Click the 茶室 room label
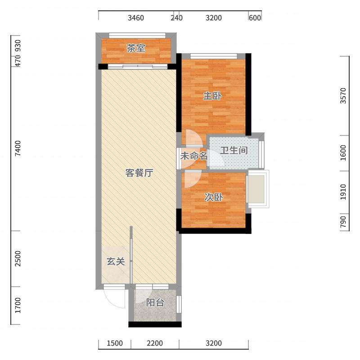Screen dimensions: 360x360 click(135, 49)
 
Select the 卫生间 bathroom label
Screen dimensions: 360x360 click(234, 150)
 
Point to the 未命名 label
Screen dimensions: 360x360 click(194, 156)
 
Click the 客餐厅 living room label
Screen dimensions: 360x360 click(139, 173)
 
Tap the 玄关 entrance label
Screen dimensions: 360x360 click(116, 261)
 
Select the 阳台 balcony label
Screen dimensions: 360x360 click(155, 303)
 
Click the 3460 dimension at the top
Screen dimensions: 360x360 click(136, 18)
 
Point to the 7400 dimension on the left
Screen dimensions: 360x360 click(18, 148)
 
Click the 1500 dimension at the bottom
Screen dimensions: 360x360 click(115, 344)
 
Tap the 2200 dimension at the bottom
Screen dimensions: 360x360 click(155, 344)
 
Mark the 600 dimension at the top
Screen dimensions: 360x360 click(255, 18)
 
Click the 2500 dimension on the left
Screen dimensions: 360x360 click(18, 259)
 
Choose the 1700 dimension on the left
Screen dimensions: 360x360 click(18, 306)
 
